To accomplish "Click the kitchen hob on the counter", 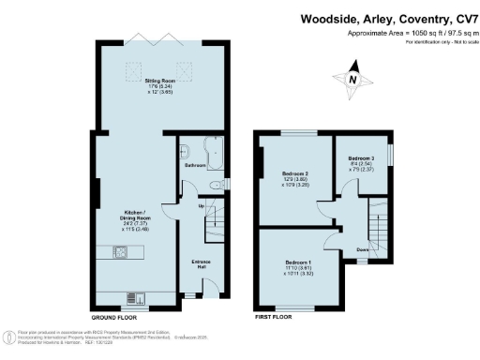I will point(122,251).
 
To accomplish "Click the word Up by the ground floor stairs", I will point(201,205).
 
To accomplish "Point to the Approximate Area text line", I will point(397,32).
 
